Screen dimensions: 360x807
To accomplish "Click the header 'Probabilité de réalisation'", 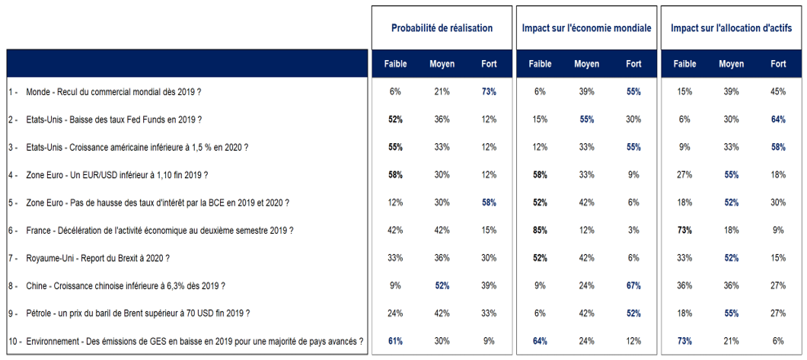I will pos(442,28).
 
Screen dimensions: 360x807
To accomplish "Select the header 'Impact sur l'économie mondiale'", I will pos(586,28).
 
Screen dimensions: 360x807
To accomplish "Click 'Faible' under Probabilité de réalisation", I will pos(395,64).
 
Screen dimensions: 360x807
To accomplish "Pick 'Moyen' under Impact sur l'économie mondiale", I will pos(586,64).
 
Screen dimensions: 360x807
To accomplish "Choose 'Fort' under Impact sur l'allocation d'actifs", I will pos(777,64).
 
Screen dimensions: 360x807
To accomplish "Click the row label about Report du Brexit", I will pos(98,258).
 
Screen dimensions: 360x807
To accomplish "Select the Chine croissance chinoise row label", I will pos(126,286).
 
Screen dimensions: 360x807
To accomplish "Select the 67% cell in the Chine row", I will pos(633,286).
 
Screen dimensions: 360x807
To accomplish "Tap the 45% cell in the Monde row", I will pos(777,92).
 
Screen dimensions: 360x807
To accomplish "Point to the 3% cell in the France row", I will pos(633,231).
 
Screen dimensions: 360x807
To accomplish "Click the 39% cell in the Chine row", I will pos(489,286).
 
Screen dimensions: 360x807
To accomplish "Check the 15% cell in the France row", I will pos(489,231).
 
